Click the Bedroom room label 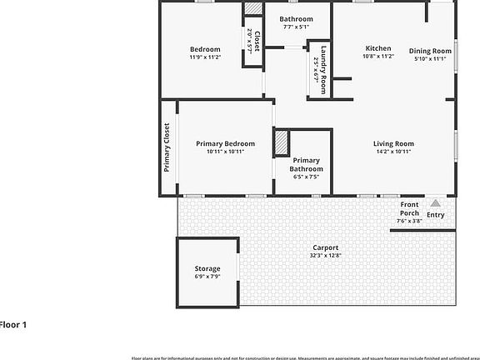[205, 49]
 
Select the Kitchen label [378, 47]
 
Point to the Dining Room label [430, 51]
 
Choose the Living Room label [393, 143]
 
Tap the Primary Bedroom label [225, 143]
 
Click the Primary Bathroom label [307, 164]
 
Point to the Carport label [326, 247]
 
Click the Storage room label [207, 268]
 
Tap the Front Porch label [409, 208]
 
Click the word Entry [436, 215]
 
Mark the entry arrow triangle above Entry [434, 202]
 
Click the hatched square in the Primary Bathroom [281, 142]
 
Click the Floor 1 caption [13, 324]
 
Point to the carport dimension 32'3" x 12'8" [326, 256]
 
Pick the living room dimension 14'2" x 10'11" [393, 152]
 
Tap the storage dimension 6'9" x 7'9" [207, 277]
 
